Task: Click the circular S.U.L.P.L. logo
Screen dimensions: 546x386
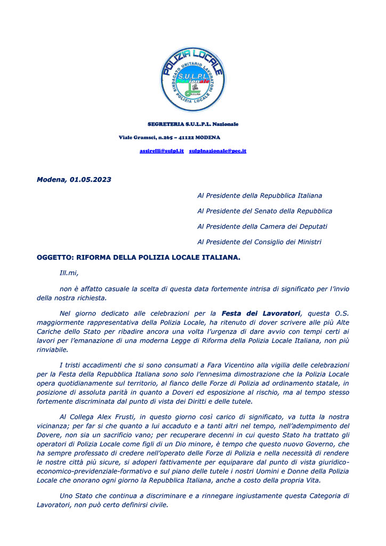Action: coord(192,79)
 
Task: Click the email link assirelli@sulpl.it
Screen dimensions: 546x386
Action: coord(162,151)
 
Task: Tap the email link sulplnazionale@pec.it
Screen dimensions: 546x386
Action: coord(218,151)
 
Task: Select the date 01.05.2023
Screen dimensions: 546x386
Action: coord(90,180)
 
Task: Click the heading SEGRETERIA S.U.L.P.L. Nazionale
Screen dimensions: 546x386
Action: coord(193,124)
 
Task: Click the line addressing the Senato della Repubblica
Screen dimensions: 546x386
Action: coord(264,211)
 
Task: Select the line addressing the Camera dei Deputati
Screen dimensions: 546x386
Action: coord(262,227)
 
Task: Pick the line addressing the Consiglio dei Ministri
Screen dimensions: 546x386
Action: coord(259,242)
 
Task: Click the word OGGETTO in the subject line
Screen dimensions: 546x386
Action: coord(55,258)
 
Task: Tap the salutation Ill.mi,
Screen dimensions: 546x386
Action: coord(69,273)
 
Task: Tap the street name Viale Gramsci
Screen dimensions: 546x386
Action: coord(138,138)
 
